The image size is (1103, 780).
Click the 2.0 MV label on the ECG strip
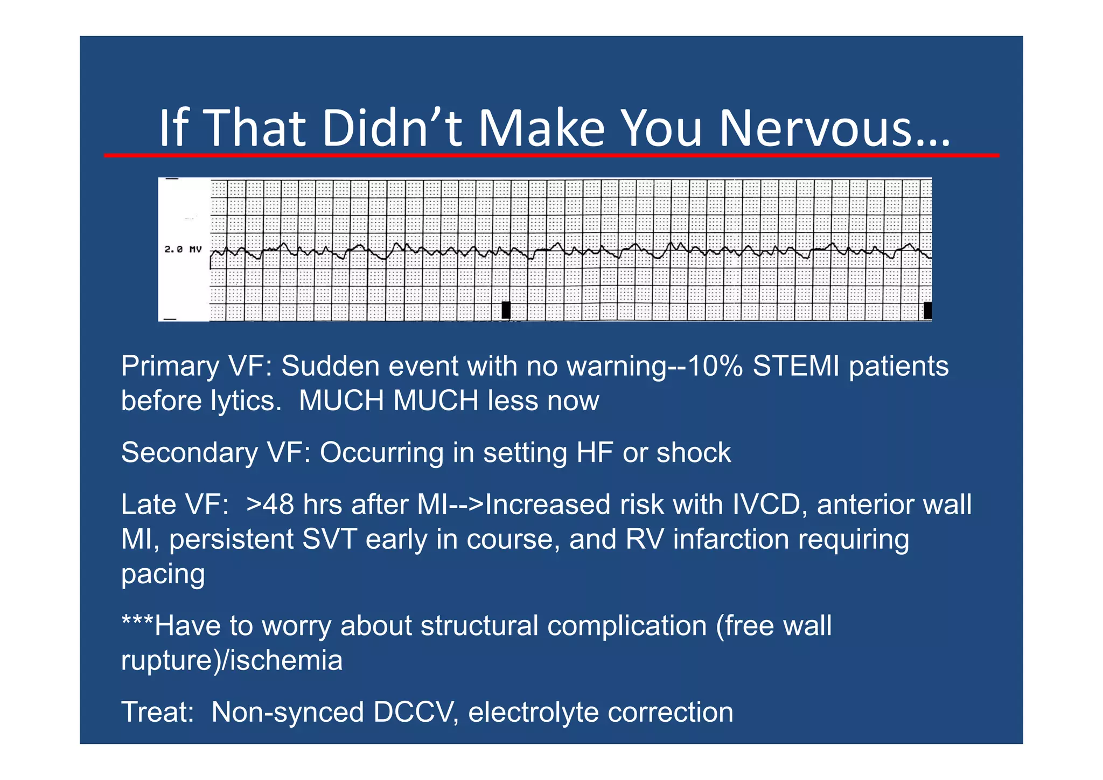coord(183,250)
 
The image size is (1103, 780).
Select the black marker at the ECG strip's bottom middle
coord(506,310)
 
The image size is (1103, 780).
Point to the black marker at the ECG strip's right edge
coord(927,310)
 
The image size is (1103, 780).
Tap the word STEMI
coord(795,366)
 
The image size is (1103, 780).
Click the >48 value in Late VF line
coord(270,505)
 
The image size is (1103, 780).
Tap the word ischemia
coord(286,661)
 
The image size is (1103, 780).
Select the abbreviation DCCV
coord(415,712)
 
